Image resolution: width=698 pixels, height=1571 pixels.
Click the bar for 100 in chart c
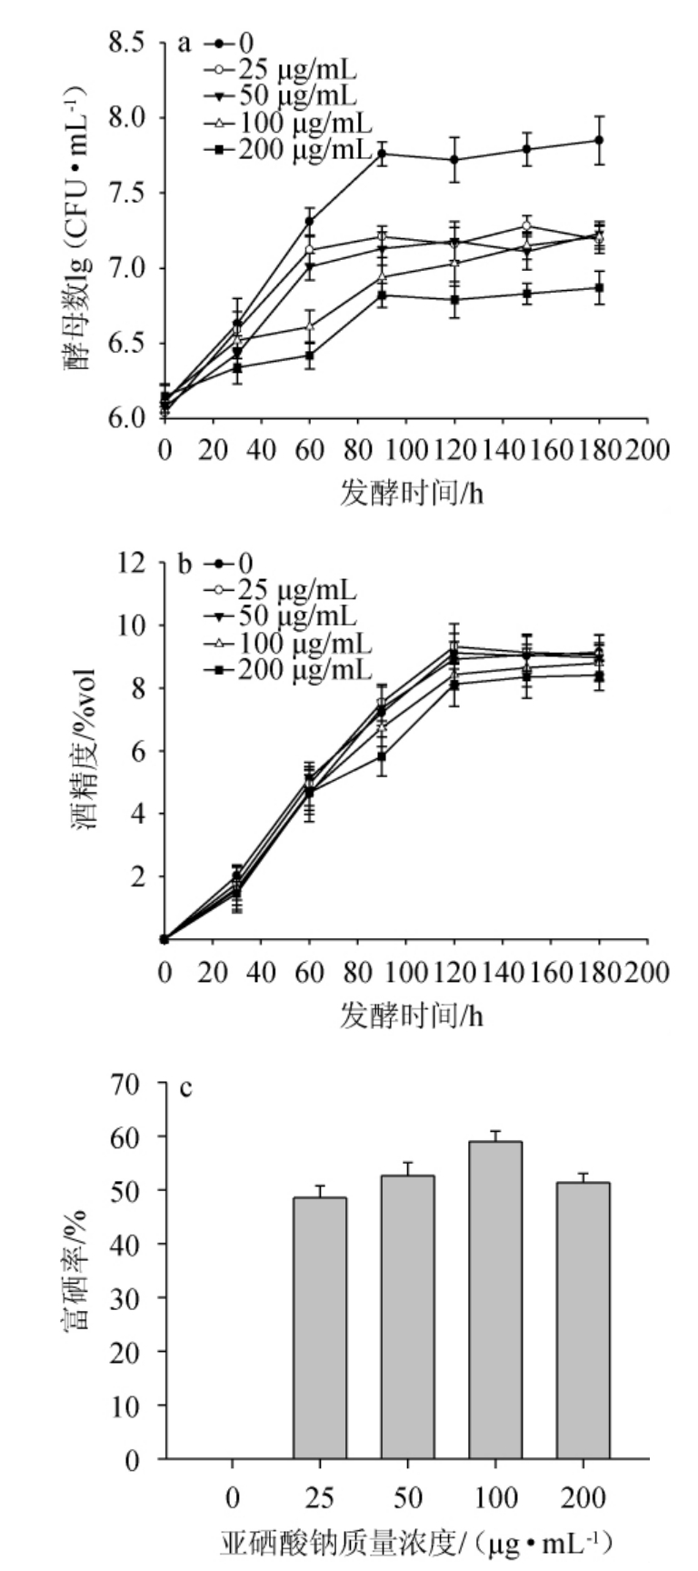(x=495, y=1300)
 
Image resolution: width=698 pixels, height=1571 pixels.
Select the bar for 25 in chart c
(x=319, y=1328)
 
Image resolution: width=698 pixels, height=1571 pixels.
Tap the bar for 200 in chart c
(x=583, y=1321)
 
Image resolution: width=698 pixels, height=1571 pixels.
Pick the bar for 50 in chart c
(x=407, y=1317)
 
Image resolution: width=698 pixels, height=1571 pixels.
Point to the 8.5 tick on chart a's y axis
(x=126, y=43)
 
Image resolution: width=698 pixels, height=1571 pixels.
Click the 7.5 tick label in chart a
(x=126, y=193)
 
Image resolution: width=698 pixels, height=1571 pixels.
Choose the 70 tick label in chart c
(x=127, y=1084)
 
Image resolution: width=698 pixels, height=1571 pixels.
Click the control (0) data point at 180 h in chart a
(x=599, y=140)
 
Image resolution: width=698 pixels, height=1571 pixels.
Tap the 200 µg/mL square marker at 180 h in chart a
(x=599, y=288)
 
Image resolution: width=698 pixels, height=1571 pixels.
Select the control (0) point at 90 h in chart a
(x=383, y=154)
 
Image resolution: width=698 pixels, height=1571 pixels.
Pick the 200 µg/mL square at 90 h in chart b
(x=383, y=756)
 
